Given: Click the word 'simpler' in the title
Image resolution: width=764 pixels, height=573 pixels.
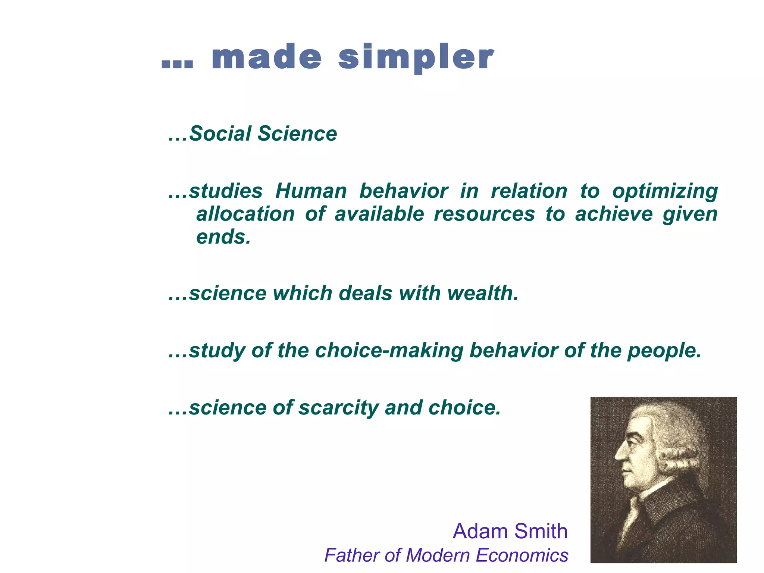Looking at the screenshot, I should coord(416,58).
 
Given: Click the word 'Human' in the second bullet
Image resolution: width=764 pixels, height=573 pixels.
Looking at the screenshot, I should coord(311,191).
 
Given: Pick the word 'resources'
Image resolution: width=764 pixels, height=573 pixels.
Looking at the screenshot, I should coord(484,214).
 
